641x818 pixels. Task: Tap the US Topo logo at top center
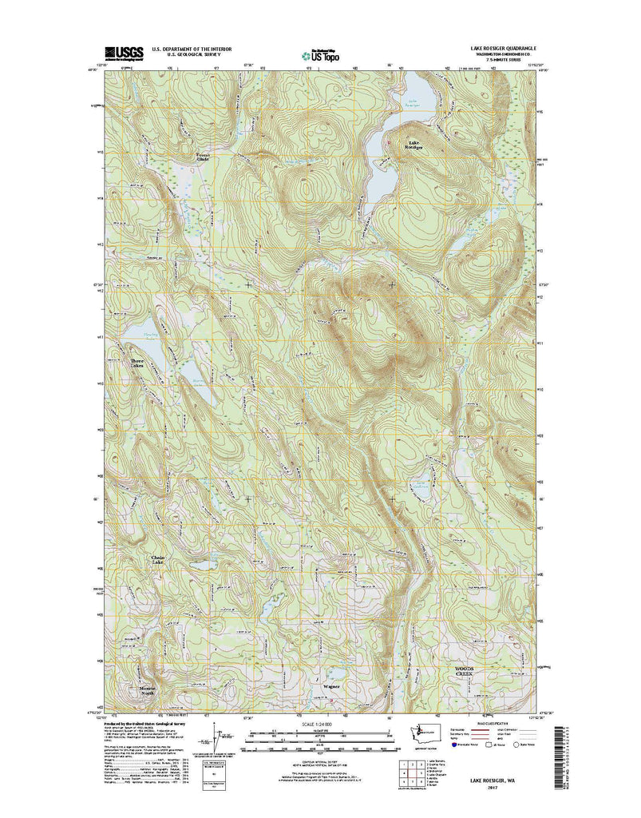[x=320, y=54]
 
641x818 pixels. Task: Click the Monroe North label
[x=146, y=691]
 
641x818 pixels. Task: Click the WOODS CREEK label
[x=464, y=673]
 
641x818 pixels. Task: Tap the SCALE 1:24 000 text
[x=320, y=725]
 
